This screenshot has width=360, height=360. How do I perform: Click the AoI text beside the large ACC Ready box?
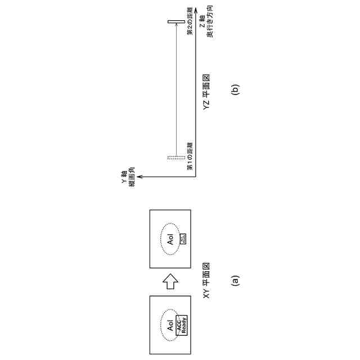[x=168, y=325]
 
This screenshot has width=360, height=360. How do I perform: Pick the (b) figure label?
[x=235, y=89]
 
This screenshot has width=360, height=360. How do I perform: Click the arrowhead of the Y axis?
[x=139, y=177]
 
